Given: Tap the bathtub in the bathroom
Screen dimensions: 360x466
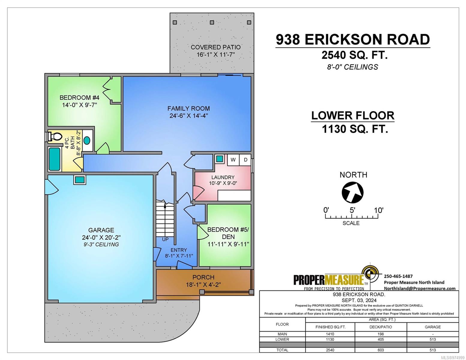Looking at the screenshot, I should [55, 159].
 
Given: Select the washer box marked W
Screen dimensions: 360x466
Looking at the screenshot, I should [233, 160].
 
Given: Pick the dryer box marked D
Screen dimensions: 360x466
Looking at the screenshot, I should [245, 160].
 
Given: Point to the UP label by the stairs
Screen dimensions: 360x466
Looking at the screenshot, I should [165, 239].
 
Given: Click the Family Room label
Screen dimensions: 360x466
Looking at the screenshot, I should [188, 109].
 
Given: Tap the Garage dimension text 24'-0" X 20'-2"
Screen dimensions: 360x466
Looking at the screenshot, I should [101, 237].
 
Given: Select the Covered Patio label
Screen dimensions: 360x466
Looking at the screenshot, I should [215, 47].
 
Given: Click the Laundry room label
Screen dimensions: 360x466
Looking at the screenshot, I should [223, 177].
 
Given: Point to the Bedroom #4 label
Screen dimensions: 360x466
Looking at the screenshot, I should [79, 97].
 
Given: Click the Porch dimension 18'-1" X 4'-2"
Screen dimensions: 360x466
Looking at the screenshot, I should [203, 284].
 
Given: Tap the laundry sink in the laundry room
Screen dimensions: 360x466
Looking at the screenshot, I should [219, 159].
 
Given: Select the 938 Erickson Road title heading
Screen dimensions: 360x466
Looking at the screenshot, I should [353, 40].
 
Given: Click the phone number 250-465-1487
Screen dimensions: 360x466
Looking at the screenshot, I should [398, 276].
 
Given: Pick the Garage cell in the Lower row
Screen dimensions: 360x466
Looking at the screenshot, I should [432, 339].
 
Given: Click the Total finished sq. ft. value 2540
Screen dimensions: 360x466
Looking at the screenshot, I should [330, 350].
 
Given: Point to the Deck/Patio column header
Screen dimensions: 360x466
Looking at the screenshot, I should [380, 327].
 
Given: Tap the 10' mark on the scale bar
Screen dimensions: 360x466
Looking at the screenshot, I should [378, 210].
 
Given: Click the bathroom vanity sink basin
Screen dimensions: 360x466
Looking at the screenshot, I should [87, 140].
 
